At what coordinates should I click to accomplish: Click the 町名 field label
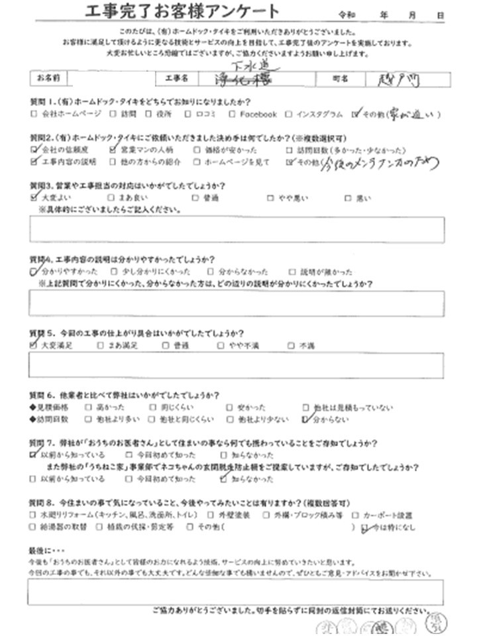[x=342, y=78]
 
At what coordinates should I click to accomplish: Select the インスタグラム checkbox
[x=288, y=114]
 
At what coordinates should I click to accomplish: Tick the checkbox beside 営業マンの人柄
[x=118, y=150]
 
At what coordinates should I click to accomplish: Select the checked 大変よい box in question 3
[x=34, y=197]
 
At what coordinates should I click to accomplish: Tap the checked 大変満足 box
[x=34, y=344]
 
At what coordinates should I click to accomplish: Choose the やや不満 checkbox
[x=220, y=345]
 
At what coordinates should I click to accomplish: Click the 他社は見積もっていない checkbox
[x=305, y=407]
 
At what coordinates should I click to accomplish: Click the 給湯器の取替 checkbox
[x=34, y=527]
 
